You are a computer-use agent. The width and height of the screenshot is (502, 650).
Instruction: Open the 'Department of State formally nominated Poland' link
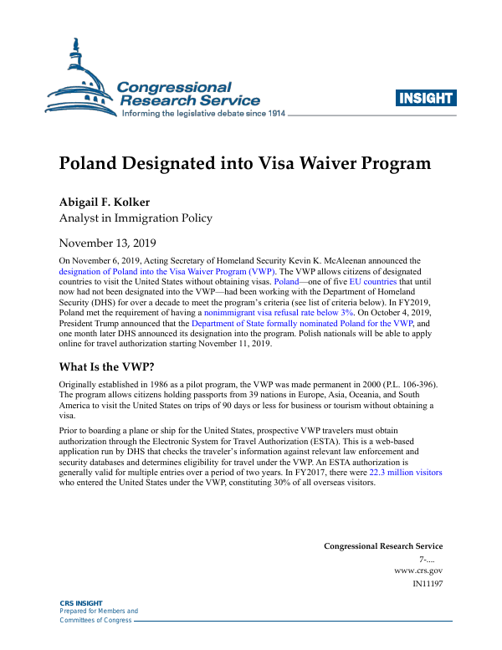point(301,322)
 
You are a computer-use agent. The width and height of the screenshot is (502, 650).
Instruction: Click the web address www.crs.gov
point(417,570)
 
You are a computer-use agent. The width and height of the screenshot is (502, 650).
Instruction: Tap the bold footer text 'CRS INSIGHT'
point(81,603)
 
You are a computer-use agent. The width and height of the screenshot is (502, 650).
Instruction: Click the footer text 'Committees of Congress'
point(95,620)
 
